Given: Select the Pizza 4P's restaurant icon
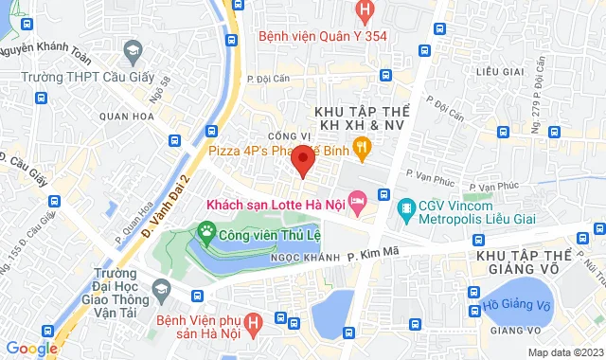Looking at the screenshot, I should tap(361, 147).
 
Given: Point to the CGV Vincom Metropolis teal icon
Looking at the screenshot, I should tap(405, 207).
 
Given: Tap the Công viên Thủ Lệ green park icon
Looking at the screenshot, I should tap(206, 230).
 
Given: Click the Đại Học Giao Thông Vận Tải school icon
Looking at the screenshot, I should tap(161, 289).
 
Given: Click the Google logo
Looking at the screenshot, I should tap(31, 348).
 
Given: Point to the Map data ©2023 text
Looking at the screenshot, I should tap(564, 352).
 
